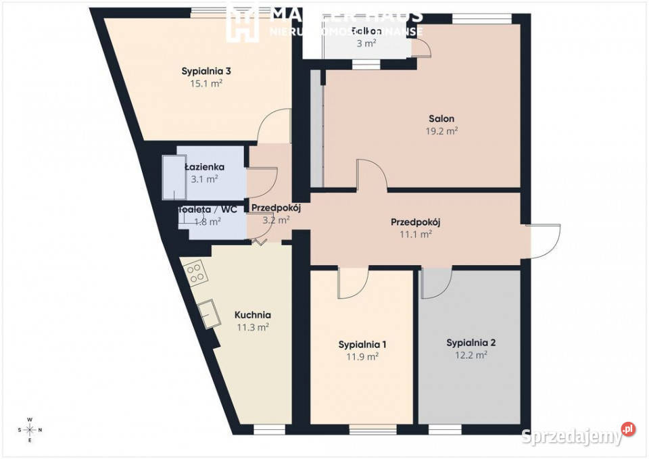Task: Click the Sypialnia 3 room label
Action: point(206,71)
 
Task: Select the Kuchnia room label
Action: point(253,314)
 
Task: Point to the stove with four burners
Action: point(197,272)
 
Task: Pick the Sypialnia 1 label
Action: point(362,344)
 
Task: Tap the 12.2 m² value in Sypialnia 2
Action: point(471,355)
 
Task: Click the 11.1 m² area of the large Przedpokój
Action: point(416,234)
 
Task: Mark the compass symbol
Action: point(30,430)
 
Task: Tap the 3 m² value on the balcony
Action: point(366,43)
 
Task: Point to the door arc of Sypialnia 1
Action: point(353,283)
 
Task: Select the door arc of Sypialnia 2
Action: point(437,283)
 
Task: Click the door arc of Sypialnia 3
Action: point(275,126)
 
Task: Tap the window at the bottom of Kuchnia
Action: point(269,429)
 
